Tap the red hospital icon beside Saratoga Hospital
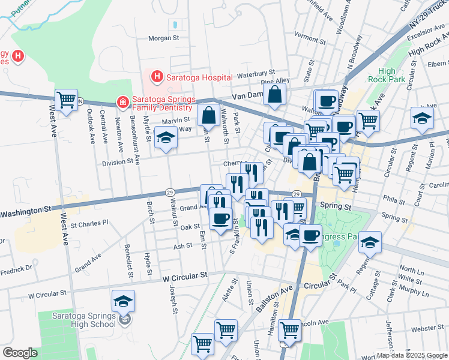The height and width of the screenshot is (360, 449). [157, 77]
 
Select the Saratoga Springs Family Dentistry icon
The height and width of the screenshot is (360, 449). [122, 103]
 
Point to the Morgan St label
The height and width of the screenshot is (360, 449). [164, 38]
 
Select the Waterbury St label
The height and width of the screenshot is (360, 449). [255, 75]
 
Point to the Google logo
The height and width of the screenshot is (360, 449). [20, 352]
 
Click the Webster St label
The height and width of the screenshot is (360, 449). [427, 328]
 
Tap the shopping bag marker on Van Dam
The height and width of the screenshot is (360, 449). [274, 95]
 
